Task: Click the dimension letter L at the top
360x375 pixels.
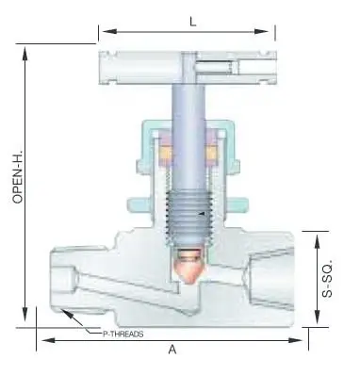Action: click(x=193, y=22)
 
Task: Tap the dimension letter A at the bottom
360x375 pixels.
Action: click(x=172, y=350)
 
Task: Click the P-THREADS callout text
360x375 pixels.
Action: click(x=123, y=334)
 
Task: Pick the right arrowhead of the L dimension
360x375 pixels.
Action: click(x=261, y=31)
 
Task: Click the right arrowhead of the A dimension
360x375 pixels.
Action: click(x=296, y=340)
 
